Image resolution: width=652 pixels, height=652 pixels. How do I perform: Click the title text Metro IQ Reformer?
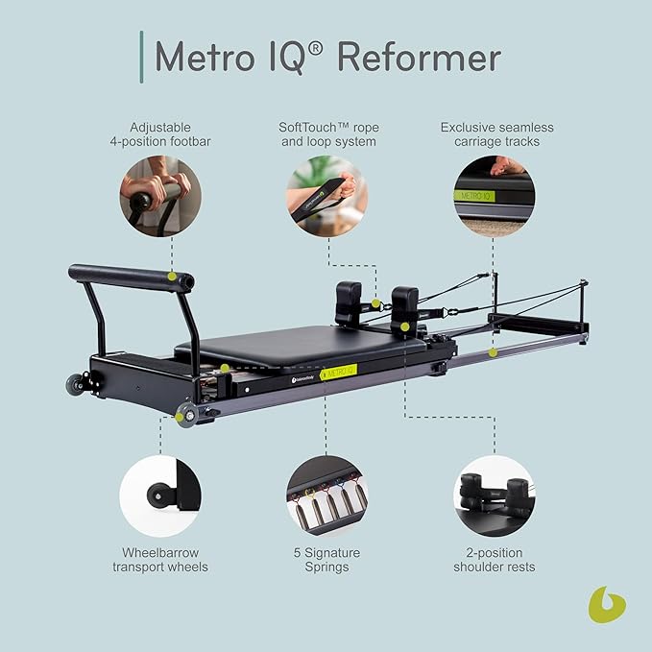coord(327,58)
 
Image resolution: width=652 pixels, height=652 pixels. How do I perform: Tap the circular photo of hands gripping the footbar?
coord(160,197)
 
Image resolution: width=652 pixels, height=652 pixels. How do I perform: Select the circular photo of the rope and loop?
coord(326,197)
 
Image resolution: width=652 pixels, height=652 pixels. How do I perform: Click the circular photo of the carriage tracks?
coord(495,197)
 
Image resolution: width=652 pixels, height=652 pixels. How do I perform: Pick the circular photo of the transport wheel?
coord(160,495)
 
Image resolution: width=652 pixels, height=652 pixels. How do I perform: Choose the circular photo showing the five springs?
coord(326,495)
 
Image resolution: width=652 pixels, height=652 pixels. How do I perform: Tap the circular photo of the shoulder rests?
coord(495,495)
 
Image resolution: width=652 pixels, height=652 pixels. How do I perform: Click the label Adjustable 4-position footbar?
coord(160,134)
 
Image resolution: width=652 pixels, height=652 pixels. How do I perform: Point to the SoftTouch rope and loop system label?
coord(326,134)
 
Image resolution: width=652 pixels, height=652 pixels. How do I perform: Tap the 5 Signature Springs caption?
coord(326,560)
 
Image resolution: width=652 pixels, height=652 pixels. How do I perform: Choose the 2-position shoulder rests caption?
coord(495,560)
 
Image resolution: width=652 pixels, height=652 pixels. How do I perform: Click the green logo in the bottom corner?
coord(606,605)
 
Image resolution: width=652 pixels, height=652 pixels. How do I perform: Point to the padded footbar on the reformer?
coord(130,277)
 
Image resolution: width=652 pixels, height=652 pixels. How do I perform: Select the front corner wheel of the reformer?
coord(184,414)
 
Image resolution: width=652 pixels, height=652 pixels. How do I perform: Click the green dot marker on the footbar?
coord(173,278)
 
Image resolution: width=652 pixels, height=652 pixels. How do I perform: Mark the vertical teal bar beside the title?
coord(141,57)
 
